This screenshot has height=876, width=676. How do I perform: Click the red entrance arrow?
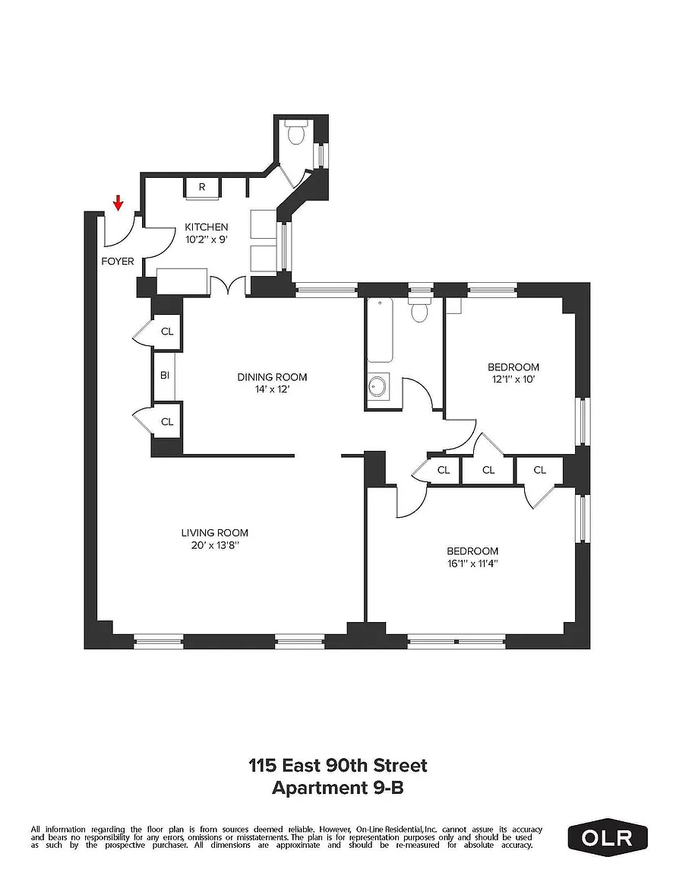[x=118, y=203]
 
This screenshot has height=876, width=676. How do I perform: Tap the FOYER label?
[x=118, y=261]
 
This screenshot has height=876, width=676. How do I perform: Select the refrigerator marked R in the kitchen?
[x=202, y=187]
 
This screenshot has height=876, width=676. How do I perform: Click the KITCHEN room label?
[x=207, y=227]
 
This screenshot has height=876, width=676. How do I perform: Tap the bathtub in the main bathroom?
[x=381, y=331]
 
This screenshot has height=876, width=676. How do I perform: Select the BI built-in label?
[x=165, y=376]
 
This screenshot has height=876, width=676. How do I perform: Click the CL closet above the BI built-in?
[x=167, y=332]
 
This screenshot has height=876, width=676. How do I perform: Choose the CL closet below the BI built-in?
[x=167, y=422]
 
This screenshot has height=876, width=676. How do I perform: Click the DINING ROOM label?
[x=273, y=377]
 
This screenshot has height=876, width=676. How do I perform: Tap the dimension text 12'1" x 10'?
[x=513, y=379]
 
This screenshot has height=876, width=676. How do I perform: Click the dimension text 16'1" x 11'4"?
[x=472, y=563]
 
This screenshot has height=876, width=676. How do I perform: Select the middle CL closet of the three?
[x=488, y=470]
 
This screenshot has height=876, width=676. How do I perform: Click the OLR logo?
[x=608, y=838]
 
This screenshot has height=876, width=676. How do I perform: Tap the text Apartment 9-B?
[x=338, y=789]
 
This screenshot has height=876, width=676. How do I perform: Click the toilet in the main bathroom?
[x=419, y=310]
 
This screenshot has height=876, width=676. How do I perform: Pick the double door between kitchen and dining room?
[x=229, y=285]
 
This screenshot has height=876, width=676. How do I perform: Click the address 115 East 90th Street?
[x=338, y=765]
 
